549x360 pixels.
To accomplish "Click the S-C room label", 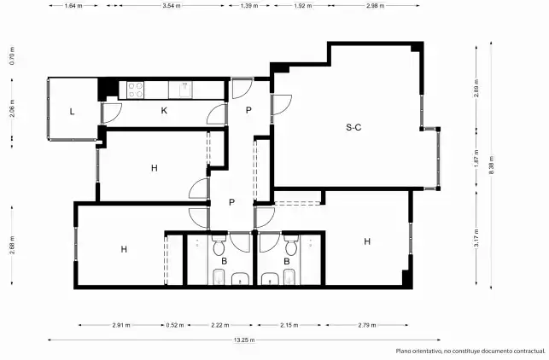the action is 353,127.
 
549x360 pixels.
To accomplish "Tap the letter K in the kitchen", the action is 164,111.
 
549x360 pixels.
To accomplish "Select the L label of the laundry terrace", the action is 72,112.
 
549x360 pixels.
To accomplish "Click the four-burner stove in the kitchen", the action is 135,90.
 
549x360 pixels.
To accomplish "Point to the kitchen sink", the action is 185,90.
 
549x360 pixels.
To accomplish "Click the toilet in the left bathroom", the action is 219,245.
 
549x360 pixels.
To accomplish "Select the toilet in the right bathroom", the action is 291,245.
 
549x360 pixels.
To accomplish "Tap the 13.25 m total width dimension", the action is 244,340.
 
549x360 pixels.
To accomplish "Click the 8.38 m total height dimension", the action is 492,165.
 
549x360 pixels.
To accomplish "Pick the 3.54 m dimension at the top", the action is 172,6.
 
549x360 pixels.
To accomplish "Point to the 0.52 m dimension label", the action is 175,325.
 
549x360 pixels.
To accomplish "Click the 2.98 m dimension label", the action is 375,6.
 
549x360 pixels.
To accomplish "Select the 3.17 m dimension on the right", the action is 476,237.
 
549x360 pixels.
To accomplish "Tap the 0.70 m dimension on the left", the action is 12,56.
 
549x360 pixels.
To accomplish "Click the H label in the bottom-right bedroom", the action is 367,241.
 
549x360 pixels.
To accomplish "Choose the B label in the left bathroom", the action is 224,261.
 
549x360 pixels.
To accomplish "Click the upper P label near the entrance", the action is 248,110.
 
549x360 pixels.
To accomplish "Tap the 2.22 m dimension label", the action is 220,325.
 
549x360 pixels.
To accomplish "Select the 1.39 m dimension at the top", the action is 249,6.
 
